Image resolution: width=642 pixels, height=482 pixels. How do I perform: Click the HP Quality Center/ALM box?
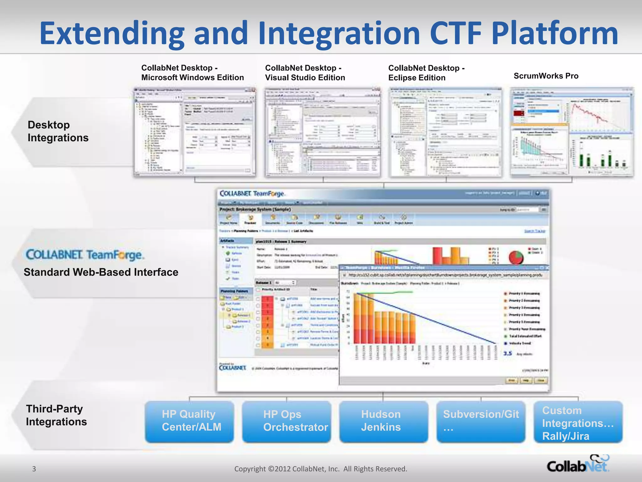(189, 421)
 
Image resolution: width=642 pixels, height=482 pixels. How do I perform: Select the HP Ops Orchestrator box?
(287, 421)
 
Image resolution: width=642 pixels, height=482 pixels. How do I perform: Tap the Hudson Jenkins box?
(383, 421)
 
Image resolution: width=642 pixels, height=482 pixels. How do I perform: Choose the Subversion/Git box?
(481, 421)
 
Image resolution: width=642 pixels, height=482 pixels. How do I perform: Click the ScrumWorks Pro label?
(546, 76)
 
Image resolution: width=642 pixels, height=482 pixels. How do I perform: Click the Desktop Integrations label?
(58, 131)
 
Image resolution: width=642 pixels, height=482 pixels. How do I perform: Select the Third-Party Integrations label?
(56, 415)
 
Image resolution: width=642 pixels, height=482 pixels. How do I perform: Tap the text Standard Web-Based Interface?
(101, 272)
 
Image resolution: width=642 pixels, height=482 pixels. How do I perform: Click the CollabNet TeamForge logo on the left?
(85, 255)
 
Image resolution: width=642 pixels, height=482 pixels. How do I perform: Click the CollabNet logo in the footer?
(578, 465)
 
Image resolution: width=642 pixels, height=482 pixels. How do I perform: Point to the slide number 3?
(34, 469)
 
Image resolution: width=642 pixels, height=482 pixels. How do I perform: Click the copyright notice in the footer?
(321, 469)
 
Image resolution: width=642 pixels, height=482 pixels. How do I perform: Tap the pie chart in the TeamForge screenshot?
(516, 257)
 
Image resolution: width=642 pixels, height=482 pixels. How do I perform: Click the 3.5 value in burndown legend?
(508, 354)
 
